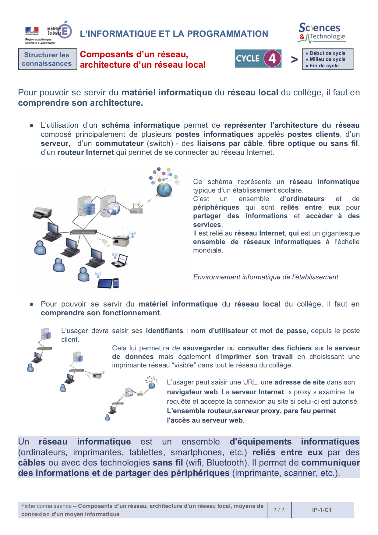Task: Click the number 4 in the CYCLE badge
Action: tap(272, 58)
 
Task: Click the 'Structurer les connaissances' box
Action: tap(47, 59)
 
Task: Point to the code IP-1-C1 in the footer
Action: tap(322, 510)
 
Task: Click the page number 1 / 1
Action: tap(279, 510)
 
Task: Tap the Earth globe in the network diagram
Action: tap(164, 190)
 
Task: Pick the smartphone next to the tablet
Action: tap(116, 283)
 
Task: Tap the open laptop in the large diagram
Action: tap(120, 261)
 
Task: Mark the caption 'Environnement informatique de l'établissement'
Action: tap(266, 277)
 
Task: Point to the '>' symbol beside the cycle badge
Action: tap(294, 59)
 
